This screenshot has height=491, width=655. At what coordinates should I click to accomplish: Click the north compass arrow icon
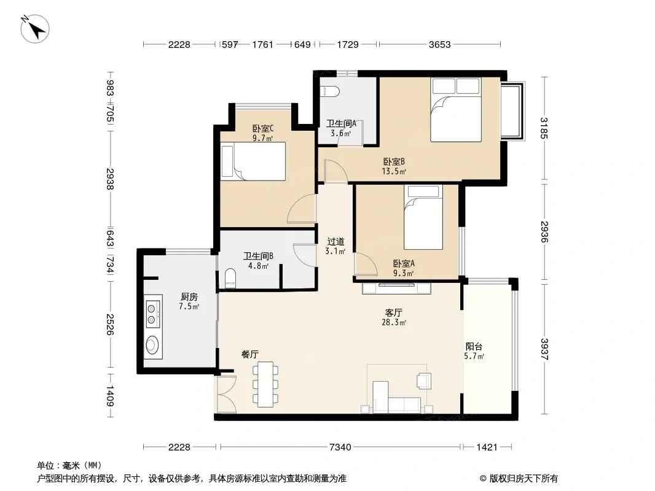35,28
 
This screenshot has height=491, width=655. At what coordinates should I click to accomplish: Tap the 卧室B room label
394,161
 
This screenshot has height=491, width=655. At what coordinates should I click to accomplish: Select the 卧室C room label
263,128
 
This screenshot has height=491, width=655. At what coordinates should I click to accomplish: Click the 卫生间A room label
341,123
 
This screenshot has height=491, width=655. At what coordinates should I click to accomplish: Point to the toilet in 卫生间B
230,278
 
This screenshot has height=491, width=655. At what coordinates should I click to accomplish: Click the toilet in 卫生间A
329,91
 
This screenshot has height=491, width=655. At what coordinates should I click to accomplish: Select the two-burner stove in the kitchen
152,314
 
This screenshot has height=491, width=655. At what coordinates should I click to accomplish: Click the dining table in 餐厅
265,384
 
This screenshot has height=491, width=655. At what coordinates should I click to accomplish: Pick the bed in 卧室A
423,217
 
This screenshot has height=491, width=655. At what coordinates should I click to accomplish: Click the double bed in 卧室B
456,110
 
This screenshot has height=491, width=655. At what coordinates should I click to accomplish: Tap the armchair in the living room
423,381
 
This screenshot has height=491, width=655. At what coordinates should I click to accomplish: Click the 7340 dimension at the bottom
340,447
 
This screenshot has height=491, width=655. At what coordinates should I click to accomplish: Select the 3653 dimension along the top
440,44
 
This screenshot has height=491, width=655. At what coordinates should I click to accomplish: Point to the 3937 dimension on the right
544,349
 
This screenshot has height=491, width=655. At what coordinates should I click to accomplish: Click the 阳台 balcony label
474,346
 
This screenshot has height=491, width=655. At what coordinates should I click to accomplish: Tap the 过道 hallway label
336,241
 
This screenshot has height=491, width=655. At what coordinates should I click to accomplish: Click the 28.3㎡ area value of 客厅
394,322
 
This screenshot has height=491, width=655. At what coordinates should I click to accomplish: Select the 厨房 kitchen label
189,296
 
